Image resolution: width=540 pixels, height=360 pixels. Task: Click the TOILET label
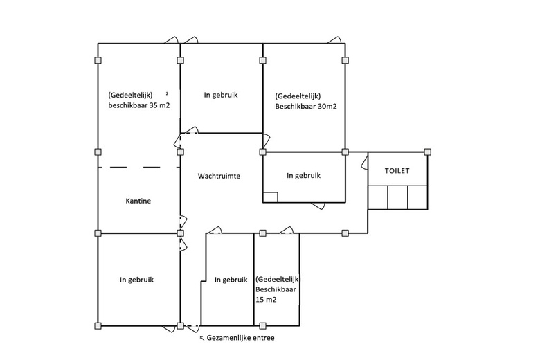pyautogui.click(x=397, y=170)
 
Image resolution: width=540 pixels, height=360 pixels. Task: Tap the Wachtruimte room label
pyautogui.click(x=219, y=176)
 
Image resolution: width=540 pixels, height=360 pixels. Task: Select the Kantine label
pyautogui.click(x=138, y=201)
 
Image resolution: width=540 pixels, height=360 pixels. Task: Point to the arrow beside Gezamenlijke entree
pyautogui.click(x=202, y=339)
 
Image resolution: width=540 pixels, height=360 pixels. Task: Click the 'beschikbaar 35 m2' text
pyautogui.click(x=138, y=105)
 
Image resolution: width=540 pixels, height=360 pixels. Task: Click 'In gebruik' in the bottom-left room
pyautogui.click(x=136, y=280)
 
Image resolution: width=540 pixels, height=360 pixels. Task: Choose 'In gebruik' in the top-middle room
pyautogui.click(x=221, y=95)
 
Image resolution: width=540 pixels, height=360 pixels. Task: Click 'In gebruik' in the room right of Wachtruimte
pyautogui.click(x=303, y=176)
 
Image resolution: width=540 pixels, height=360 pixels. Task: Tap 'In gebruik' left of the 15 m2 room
pyautogui.click(x=231, y=280)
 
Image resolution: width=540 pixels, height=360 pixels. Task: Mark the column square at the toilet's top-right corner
pyautogui.click(x=428, y=152)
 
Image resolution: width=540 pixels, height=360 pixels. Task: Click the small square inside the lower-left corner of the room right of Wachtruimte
pyautogui.click(x=271, y=196)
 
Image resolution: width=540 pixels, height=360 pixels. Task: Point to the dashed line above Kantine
pyautogui.click(x=138, y=167)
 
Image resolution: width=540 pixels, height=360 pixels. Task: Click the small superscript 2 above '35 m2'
pyautogui.click(x=167, y=92)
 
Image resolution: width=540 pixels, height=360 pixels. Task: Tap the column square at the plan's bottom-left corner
pyautogui.click(x=98, y=325)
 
